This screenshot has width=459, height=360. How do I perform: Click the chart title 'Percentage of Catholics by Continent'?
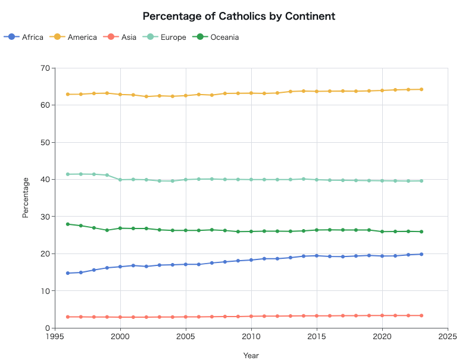point(239,16)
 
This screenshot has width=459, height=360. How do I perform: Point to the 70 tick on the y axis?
point(45,68)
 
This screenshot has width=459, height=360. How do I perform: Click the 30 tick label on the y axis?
point(45,217)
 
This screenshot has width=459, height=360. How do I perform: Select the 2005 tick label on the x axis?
point(186,336)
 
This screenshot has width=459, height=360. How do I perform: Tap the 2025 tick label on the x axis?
point(447,336)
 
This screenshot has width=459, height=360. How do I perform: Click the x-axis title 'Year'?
point(251,355)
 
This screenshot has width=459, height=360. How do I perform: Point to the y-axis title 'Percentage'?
point(26,198)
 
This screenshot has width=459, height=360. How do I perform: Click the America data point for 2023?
point(421,89)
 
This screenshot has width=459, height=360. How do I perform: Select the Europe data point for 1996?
point(68,174)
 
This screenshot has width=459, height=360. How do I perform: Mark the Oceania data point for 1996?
point(68,224)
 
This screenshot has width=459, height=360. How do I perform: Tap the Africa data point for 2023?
point(421,254)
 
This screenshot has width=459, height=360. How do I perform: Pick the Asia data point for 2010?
point(251,316)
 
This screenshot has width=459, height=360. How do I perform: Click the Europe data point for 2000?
point(120,180)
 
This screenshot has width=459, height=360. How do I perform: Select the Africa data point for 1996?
point(68,273)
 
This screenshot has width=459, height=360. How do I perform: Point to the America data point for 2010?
point(251,93)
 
